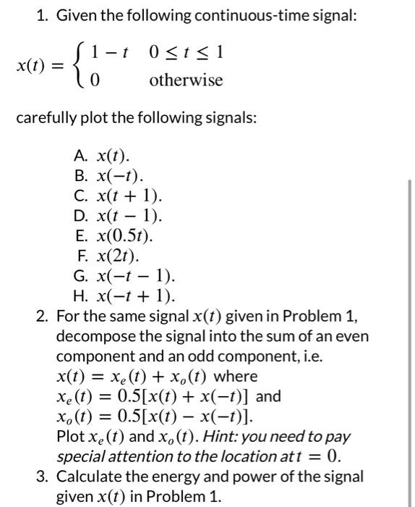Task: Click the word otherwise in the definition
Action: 186,80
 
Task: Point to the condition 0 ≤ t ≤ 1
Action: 186,52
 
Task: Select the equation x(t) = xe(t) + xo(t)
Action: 133,377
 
